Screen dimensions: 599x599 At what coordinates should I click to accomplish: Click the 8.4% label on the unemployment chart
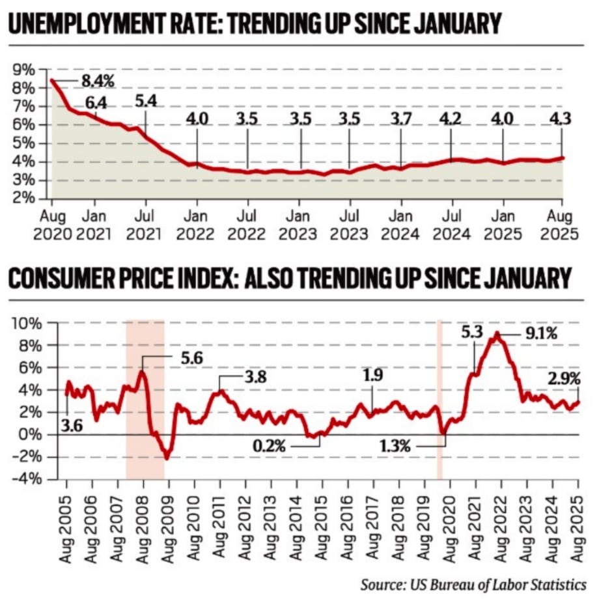coord(98,81)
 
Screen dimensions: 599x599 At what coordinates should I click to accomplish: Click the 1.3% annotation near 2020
coord(395,446)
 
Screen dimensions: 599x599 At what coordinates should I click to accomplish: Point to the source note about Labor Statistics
coord(473,582)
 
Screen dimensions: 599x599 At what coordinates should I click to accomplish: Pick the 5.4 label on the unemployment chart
coord(146,102)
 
